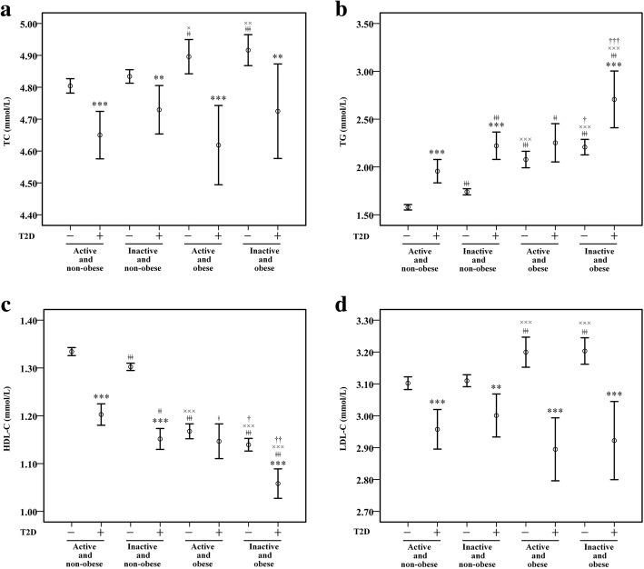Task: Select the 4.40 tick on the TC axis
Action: (x=41, y=215)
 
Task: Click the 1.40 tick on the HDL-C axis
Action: (x=41, y=321)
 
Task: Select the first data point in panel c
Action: (x=71, y=351)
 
